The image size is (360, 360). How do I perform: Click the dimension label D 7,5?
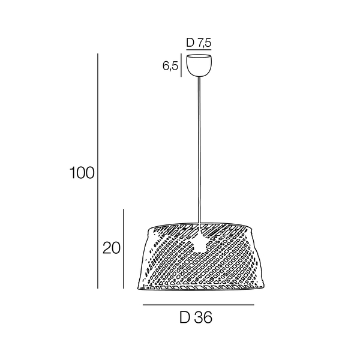coord(199,43)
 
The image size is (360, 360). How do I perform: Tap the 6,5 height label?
coord(170,66)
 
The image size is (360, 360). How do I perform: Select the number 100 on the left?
coord(82,173)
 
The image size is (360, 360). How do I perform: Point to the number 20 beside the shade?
coord(112,248)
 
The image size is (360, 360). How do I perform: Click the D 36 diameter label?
coord(196,318)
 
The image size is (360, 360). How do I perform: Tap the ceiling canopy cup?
coord(199,65)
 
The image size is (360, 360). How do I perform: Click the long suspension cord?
coord(199,149)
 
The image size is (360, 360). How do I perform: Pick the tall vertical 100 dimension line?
coord(98,171)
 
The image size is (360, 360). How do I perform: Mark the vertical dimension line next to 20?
coord(124,248)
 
